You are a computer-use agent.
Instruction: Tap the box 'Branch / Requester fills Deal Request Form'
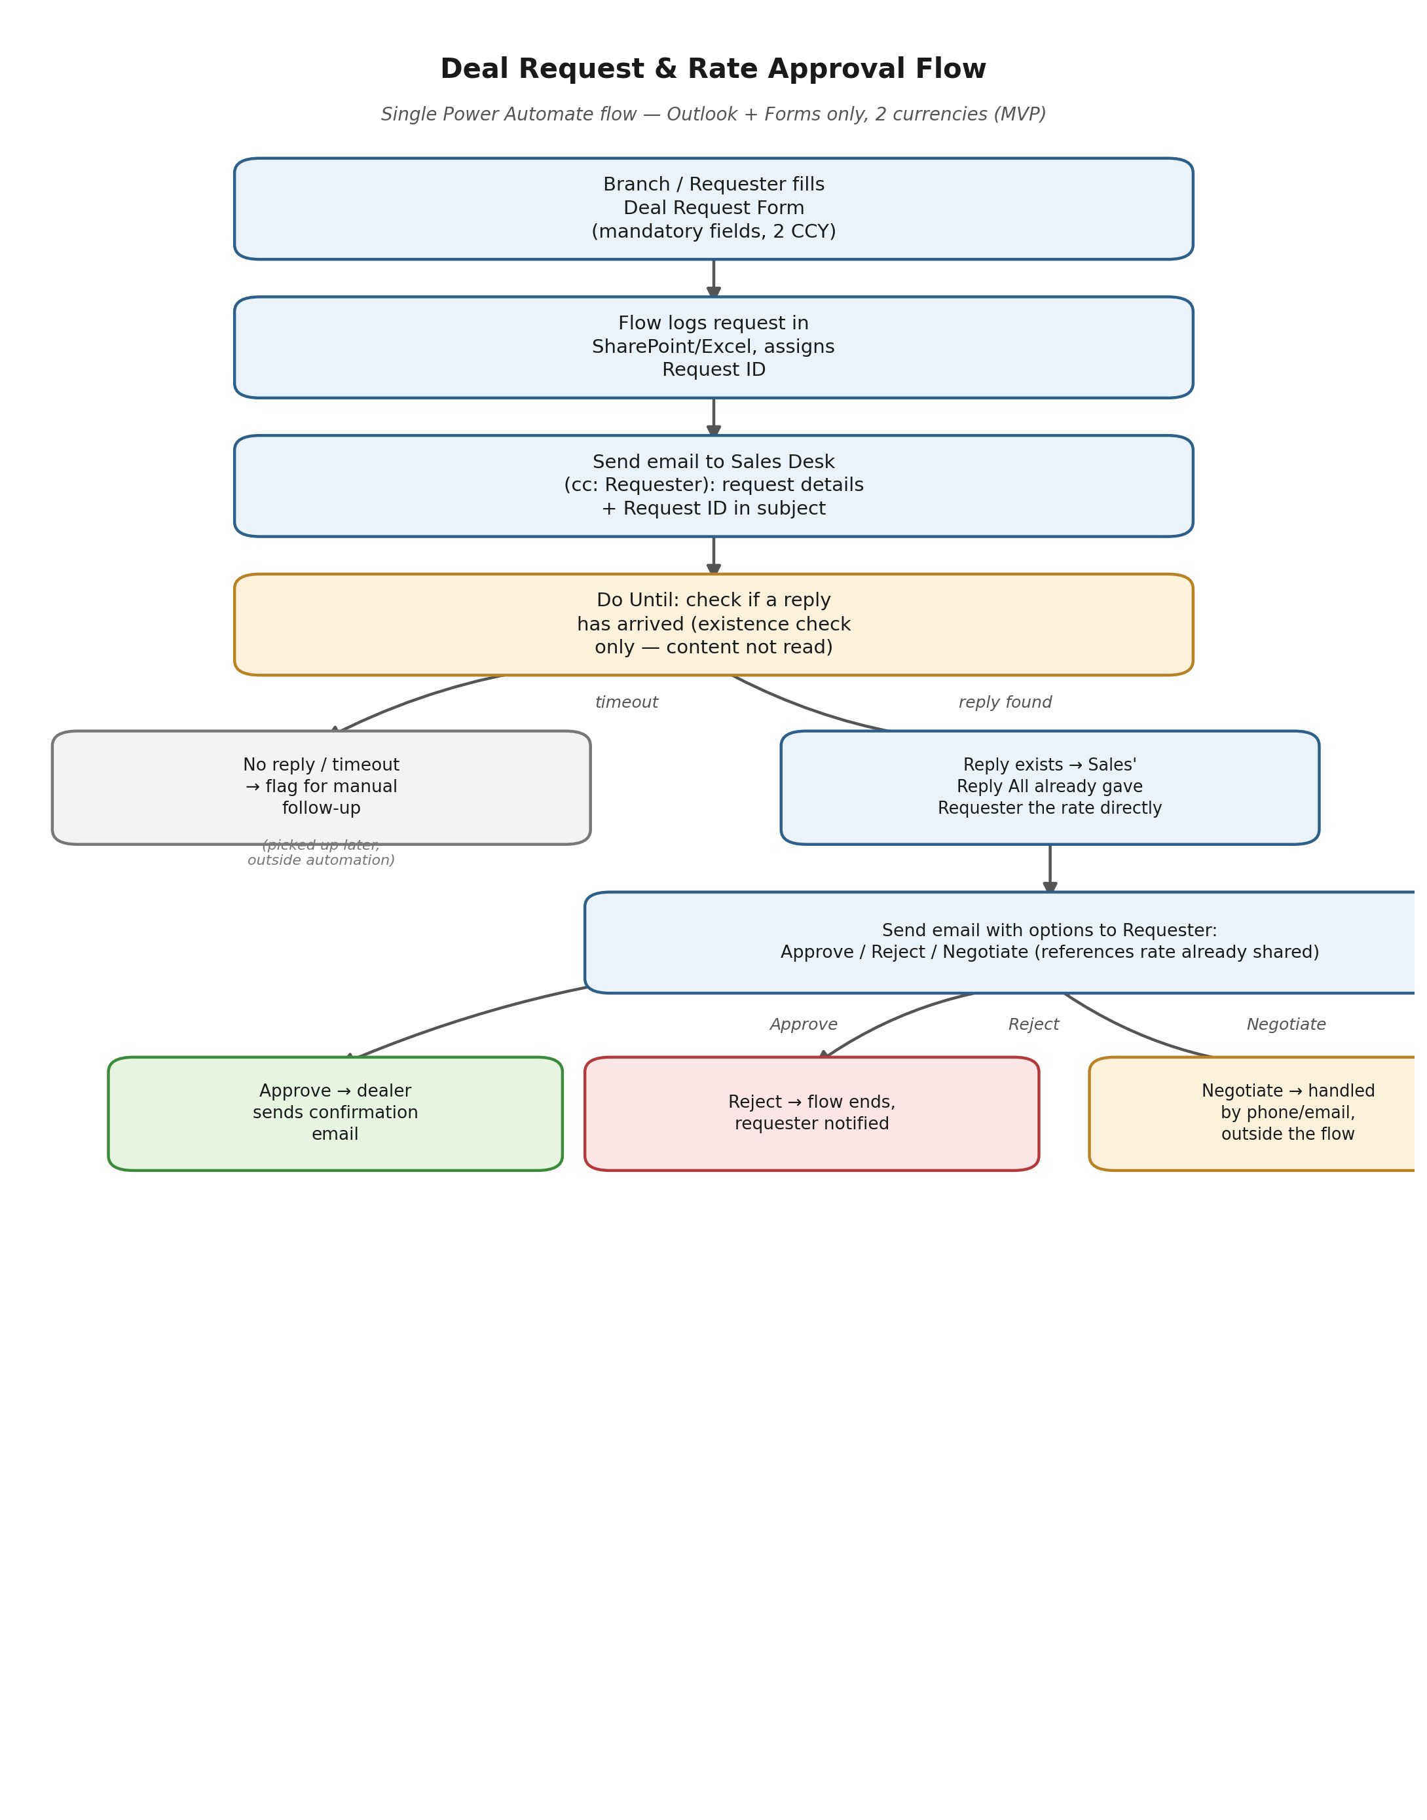pos(714,209)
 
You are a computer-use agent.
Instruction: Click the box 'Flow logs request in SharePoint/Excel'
pos(714,348)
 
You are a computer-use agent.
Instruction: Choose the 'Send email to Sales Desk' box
pos(714,486)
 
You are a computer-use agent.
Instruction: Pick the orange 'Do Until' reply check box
pos(714,625)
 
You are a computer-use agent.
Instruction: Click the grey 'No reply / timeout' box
pos(321,788)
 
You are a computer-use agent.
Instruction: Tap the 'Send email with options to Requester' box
pos(1003,942)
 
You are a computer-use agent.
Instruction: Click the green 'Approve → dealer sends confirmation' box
pos(335,1114)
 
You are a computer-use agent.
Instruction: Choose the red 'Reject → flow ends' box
pos(811,1114)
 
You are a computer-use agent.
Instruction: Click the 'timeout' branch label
pos(627,702)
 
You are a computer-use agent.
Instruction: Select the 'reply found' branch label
pos(1005,702)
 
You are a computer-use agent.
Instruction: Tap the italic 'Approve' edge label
pos(804,1025)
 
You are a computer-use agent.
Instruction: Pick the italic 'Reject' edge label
pos(1033,1025)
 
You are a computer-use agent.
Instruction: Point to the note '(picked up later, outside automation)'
pos(321,853)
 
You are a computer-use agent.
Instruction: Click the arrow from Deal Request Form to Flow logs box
pos(714,278)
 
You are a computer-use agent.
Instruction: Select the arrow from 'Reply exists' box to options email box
pos(1050,869)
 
